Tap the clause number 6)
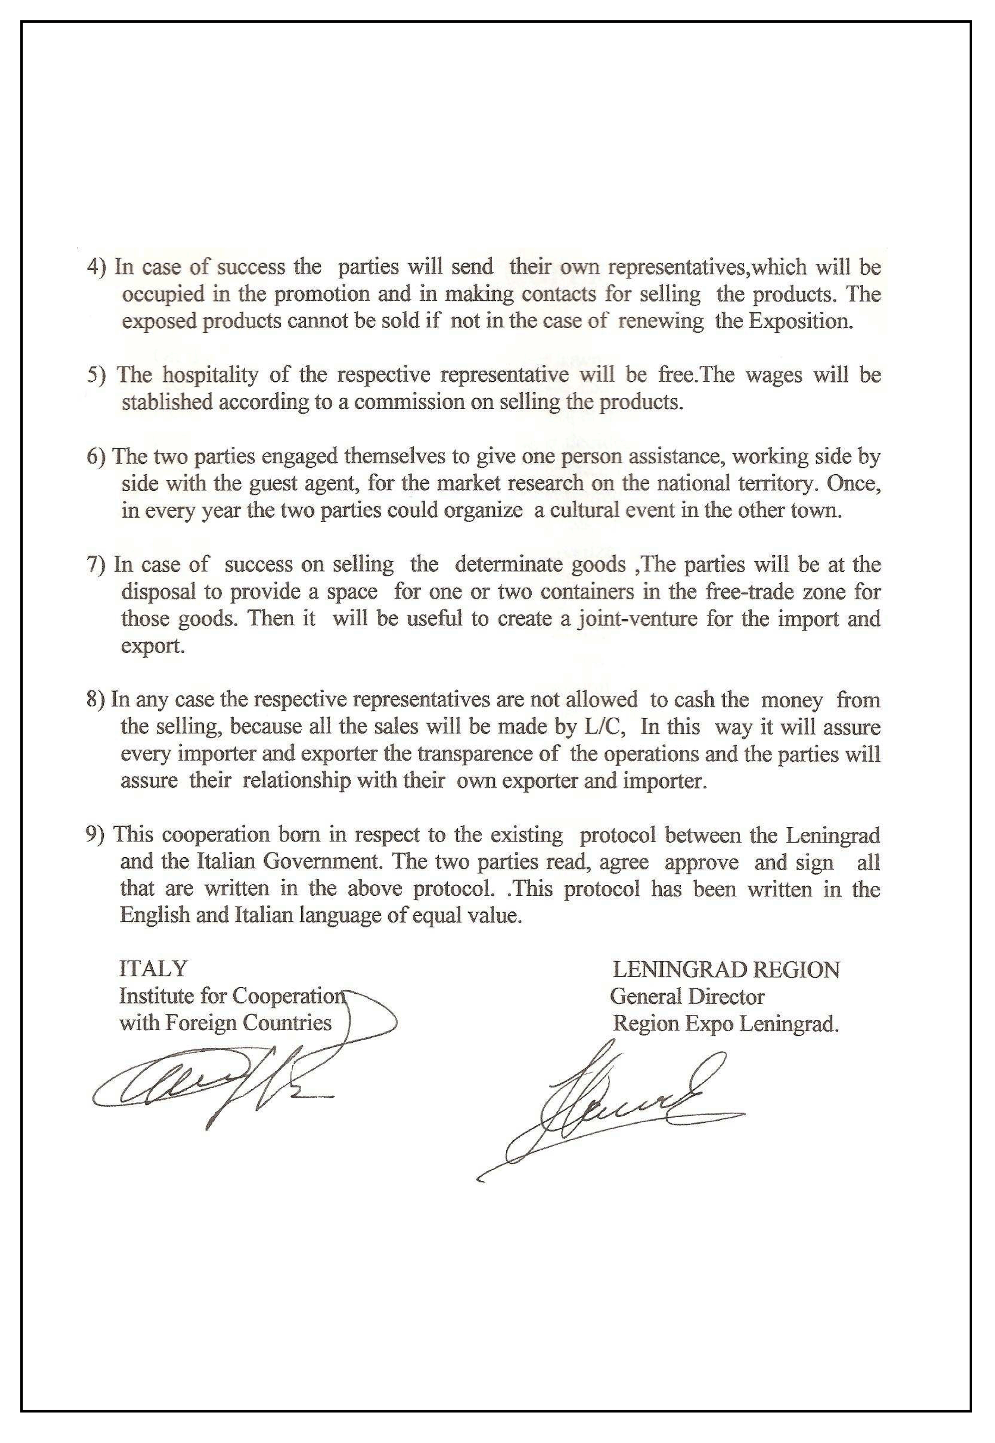point(97,457)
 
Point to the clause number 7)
point(97,565)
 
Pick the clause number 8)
point(96,700)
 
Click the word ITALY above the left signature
point(153,969)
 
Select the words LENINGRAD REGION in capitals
point(726,970)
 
